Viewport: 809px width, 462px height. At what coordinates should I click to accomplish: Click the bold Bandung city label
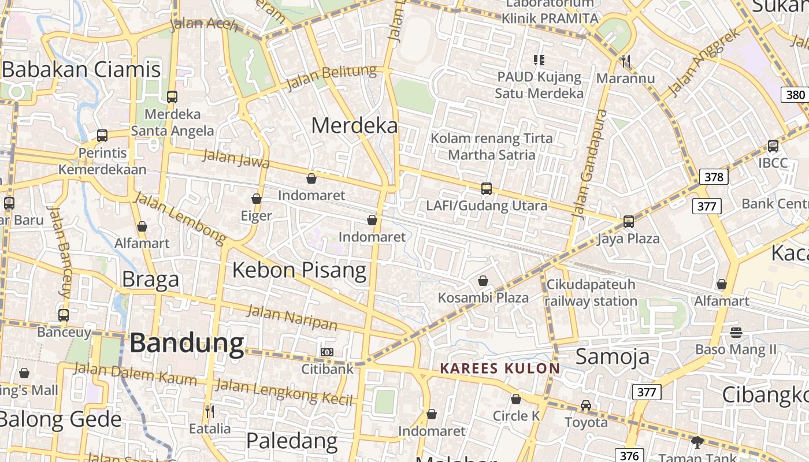coord(187,343)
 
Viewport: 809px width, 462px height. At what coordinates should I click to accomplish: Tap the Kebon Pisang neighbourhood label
coord(299,270)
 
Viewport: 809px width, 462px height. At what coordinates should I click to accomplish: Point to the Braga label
coord(150,280)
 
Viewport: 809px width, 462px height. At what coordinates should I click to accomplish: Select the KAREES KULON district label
coord(500,368)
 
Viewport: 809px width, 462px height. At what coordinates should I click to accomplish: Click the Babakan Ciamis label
coord(81,70)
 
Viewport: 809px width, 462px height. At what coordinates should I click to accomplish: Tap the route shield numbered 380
coord(795,95)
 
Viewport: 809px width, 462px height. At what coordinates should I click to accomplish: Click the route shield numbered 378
coord(714,177)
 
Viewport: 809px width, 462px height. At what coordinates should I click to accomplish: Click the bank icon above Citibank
coord(327,352)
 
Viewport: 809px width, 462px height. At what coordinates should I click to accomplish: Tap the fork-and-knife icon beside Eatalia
coord(210,411)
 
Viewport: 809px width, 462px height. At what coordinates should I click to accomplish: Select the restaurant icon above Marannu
coord(625,61)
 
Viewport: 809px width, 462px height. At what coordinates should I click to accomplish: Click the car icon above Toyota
coord(586,405)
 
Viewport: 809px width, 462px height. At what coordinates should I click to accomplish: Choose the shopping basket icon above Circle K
coord(516,399)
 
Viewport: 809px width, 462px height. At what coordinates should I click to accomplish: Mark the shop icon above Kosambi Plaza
coord(483,281)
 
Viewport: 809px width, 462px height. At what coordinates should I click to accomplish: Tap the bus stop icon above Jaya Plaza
coord(628,221)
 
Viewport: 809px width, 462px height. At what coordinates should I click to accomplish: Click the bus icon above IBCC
coord(773,146)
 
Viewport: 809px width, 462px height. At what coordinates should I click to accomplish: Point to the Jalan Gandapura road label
coord(588,163)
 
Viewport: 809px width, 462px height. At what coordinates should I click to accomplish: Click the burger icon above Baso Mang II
coord(736,332)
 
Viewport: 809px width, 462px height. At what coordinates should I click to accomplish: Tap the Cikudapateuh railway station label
coord(591,293)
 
